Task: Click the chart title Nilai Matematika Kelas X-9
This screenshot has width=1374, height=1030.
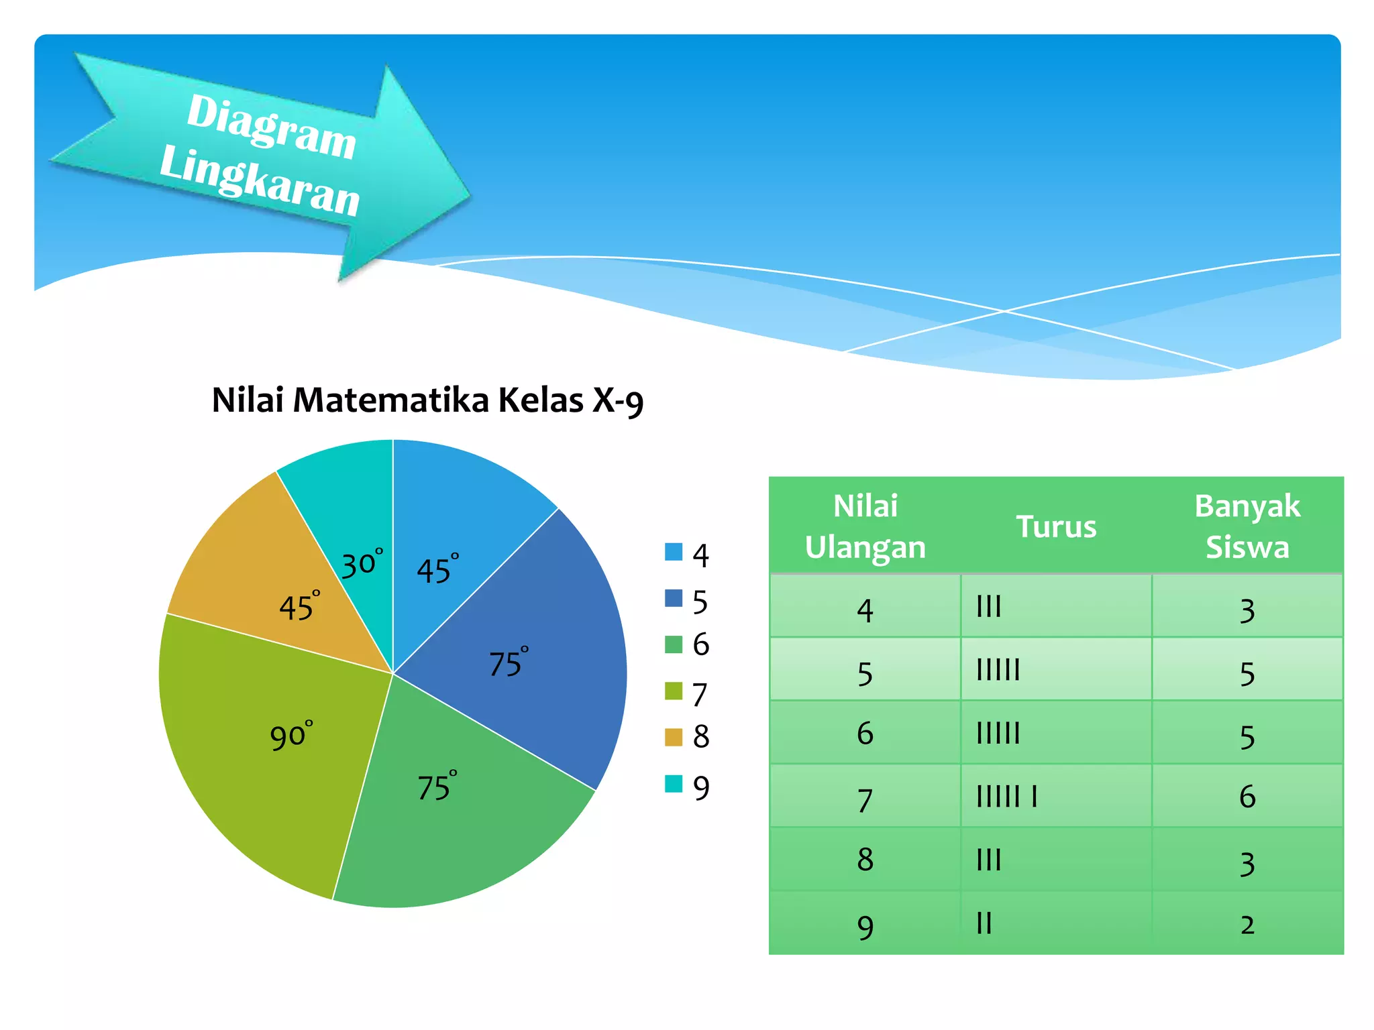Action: coord(427,400)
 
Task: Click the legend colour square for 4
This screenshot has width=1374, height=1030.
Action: coord(673,552)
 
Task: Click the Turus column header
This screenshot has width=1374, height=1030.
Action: coord(1056,526)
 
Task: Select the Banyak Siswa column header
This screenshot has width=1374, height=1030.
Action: coord(1247,526)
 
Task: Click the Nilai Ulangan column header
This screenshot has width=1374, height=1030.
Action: coord(865,526)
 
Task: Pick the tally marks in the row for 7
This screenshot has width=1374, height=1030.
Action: coord(1006,797)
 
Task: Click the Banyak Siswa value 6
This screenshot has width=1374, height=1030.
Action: coord(1247,797)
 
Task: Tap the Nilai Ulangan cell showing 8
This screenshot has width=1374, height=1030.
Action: coord(865,860)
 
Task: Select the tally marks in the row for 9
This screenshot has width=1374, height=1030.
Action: coord(984,923)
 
